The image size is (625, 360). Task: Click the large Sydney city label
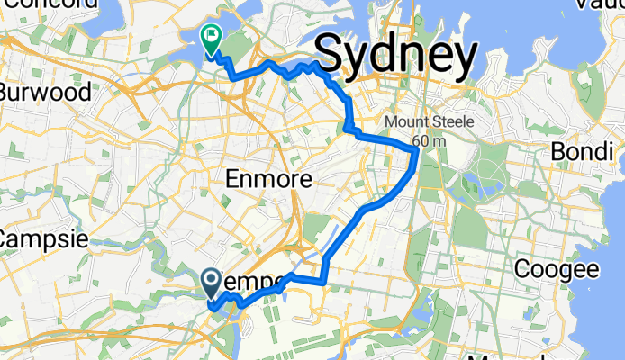click(396, 56)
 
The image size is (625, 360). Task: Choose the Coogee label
click(556, 268)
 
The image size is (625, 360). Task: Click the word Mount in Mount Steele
click(405, 123)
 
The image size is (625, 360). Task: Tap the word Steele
click(448, 123)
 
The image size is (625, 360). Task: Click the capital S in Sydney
click(331, 56)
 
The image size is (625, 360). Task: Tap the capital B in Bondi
click(557, 150)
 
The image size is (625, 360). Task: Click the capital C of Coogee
click(522, 268)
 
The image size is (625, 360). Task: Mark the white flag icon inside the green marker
click(211, 37)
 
